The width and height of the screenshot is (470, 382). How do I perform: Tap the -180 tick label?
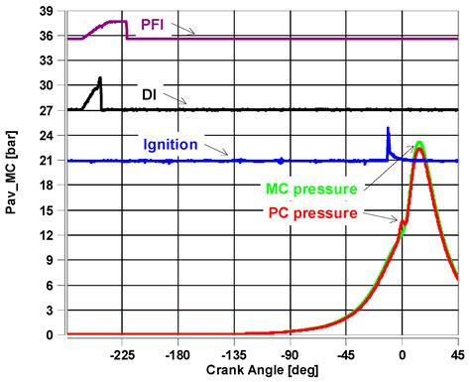(x=178, y=352)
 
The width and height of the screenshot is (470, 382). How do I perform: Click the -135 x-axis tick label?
(x=234, y=352)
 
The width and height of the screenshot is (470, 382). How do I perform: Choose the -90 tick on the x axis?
(x=290, y=352)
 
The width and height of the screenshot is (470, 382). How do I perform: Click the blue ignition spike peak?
(x=388, y=128)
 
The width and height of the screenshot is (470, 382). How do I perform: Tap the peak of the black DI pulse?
(x=100, y=78)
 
